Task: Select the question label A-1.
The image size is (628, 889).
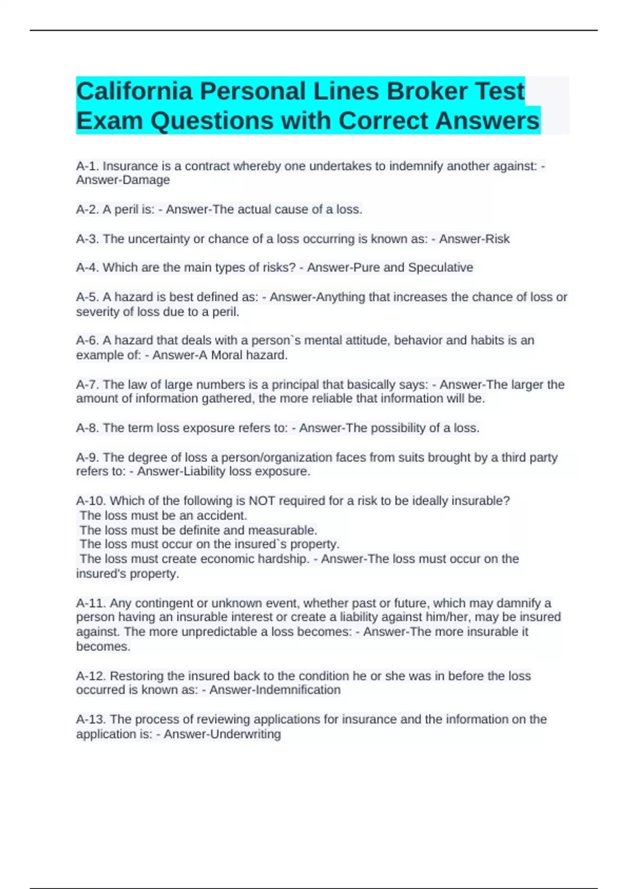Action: click(87, 166)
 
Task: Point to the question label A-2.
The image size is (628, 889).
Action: click(87, 210)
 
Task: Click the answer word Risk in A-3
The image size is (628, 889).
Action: click(497, 239)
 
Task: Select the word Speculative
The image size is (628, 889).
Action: click(440, 268)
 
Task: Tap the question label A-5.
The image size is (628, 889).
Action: click(87, 297)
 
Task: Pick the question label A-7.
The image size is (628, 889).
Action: click(87, 385)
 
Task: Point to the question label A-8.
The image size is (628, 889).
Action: click(87, 428)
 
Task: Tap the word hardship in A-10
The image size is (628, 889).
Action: click(286, 559)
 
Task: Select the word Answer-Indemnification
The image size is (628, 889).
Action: click(275, 690)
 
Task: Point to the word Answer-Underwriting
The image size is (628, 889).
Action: click(222, 734)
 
